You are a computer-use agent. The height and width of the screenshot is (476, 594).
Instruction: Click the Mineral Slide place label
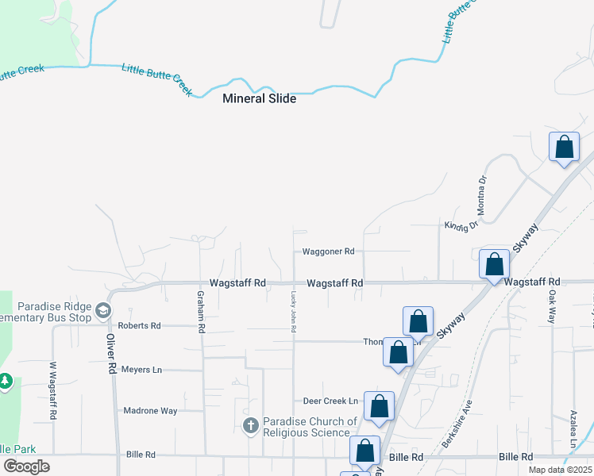coord(259,99)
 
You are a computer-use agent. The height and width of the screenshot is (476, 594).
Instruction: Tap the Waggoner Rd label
coord(328,251)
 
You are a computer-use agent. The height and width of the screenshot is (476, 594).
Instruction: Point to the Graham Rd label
coord(202,310)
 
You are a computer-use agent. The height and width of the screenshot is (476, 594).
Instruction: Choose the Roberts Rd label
coord(139,326)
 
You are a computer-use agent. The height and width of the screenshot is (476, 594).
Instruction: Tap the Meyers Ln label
coord(141,370)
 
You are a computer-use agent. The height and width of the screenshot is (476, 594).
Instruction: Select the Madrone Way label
coord(151,411)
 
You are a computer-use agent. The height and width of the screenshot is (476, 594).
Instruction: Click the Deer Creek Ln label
coord(330,401)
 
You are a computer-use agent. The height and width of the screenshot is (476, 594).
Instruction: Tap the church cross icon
coord(251,426)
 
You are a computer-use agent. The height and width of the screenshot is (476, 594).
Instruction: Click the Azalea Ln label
coord(573,428)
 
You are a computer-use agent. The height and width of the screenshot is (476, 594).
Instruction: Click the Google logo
coord(27,466)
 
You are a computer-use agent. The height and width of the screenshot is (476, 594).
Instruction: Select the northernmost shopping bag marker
coord(564,147)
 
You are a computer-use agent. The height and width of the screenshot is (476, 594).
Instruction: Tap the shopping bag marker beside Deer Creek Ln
coord(380,405)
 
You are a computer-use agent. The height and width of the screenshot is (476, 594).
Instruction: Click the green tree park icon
coord(5,382)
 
